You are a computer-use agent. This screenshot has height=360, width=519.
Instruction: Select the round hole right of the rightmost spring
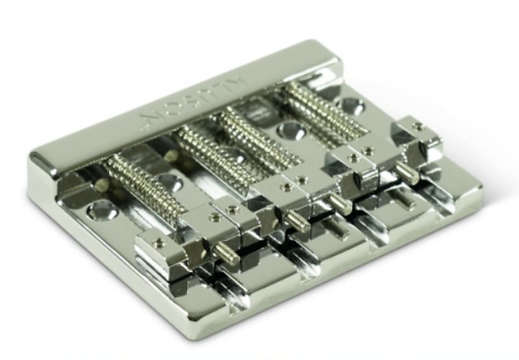(350, 105)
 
